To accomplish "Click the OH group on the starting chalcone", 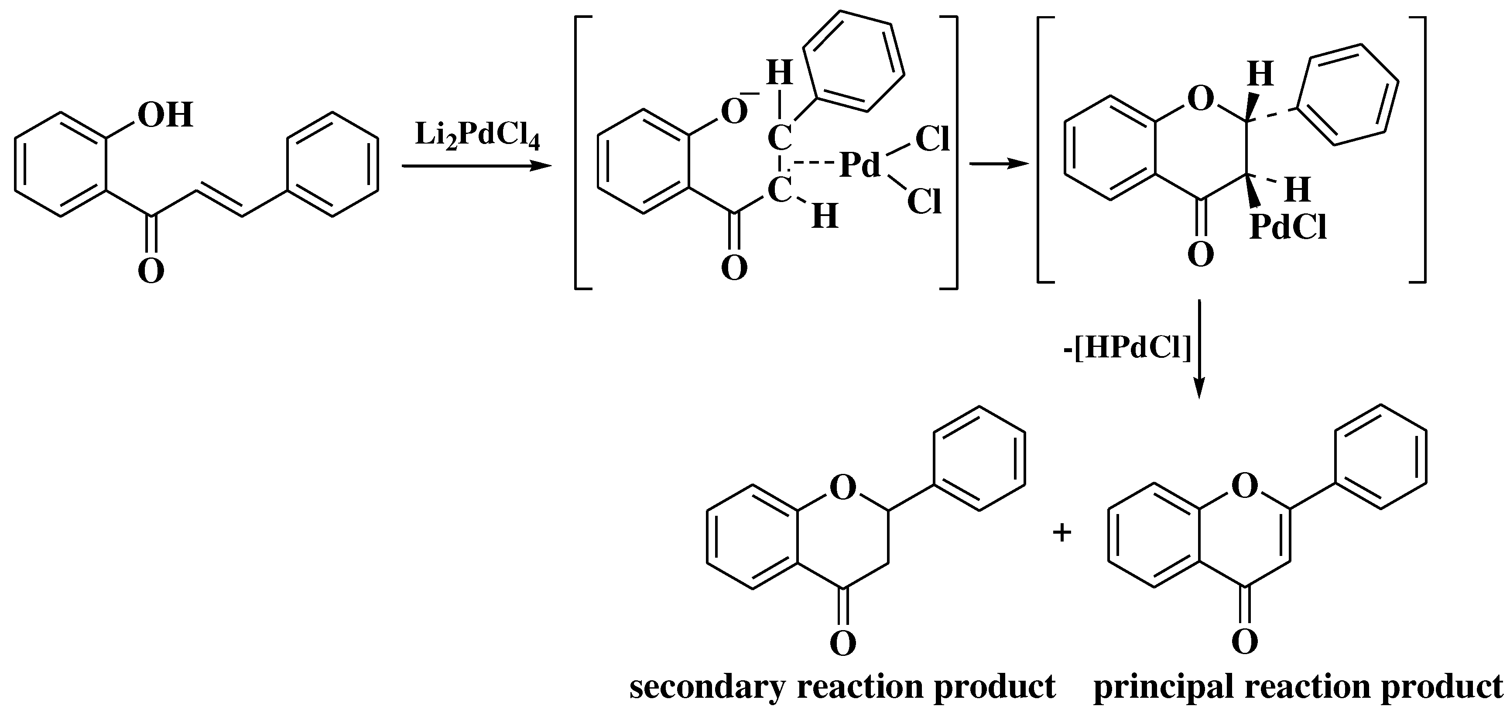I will pyautogui.click(x=165, y=115).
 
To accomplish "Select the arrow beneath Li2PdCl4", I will pyautogui.click(x=476, y=167).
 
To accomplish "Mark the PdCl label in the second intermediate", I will pyautogui.click(x=1288, y=227).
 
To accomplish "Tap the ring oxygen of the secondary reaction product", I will pyautogui.click(x=843, y=488).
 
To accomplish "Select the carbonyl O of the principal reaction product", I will pyautogui.click(x=1244, y=641).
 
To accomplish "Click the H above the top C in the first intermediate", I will pyautogui.click(x=779, y=74).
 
